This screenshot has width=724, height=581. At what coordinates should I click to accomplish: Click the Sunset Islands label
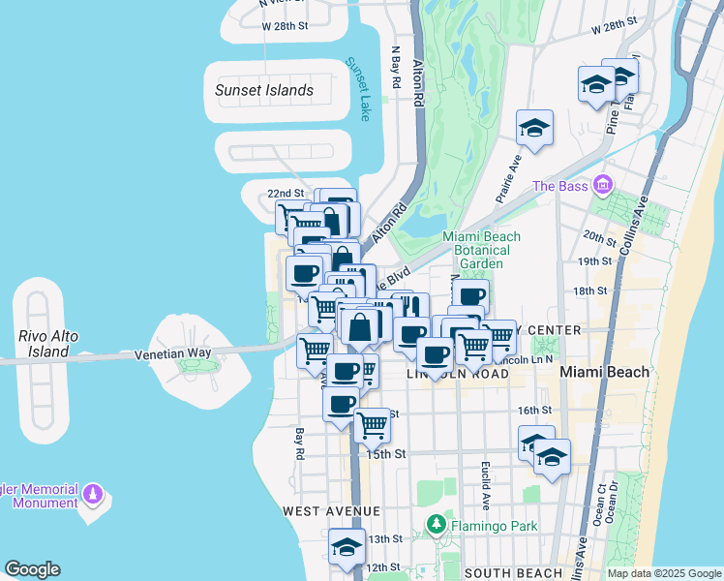click(264, 90)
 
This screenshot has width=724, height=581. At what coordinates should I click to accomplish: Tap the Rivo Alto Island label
click(40, 343)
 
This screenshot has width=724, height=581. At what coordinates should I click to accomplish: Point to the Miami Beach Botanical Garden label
click(481, 250)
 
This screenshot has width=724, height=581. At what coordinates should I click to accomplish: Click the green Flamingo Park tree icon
click(436, 526)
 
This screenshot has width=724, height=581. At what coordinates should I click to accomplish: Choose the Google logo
click(32, 569)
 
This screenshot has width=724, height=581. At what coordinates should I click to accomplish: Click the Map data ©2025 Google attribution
click(663, 573)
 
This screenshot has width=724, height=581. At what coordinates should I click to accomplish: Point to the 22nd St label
click(286, 194)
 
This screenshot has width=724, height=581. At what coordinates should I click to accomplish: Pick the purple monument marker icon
click(93, 495)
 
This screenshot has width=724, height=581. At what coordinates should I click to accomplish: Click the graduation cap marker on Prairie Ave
click(533, 128)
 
